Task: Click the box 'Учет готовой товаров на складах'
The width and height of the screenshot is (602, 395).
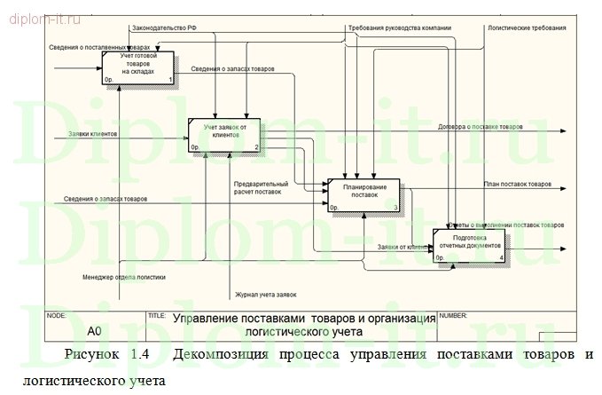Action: [x=137, y=67]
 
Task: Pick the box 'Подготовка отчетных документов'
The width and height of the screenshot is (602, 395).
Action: [x=469, y=245]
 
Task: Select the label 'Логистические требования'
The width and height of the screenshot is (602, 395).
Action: [x=526, y=29]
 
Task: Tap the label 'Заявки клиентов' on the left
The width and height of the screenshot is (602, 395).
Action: [x=91, y=135]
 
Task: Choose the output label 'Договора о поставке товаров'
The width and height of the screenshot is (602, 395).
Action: [x=481, y=127]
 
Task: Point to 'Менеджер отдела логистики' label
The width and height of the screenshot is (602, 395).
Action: [x=124, y=276]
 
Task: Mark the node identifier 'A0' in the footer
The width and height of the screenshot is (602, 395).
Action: [x=95, y=331]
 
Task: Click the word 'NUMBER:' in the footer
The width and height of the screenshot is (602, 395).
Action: [x=454, y=315]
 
